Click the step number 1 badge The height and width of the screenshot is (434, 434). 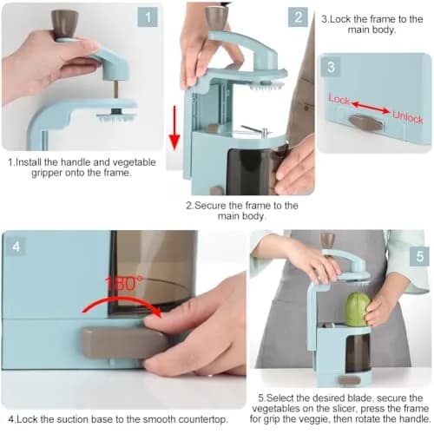pyautogui.click(x=148, y=17)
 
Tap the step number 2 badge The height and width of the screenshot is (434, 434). pyautogui.click(x=298, y=17)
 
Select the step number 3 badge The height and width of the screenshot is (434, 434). pyautogui.click(x=331, y=67)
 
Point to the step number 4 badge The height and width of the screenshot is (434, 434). pyautogui.click(x=16, y=247)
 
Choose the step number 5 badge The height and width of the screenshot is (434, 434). pyautogui.click(x=419, y=256)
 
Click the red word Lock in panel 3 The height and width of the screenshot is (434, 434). pyautogui.click(x=339, y=100)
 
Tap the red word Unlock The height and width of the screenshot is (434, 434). pyautogui.click(x=408, y=117)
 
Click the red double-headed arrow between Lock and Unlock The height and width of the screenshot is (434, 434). pyautogui.click(x=371, y=107)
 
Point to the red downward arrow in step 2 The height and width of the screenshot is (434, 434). pyautogui.click(x=174, y=128)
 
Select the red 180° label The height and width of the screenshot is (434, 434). pyautogui.click(x=124, y=284)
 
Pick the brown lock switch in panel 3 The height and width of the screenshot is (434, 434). pyautogui.click(x=366, y=123)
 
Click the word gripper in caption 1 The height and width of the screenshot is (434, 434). pyautogui.click(x=47, y=173)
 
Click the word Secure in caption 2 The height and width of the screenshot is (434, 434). pyautogui.click(x=210, y=206)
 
